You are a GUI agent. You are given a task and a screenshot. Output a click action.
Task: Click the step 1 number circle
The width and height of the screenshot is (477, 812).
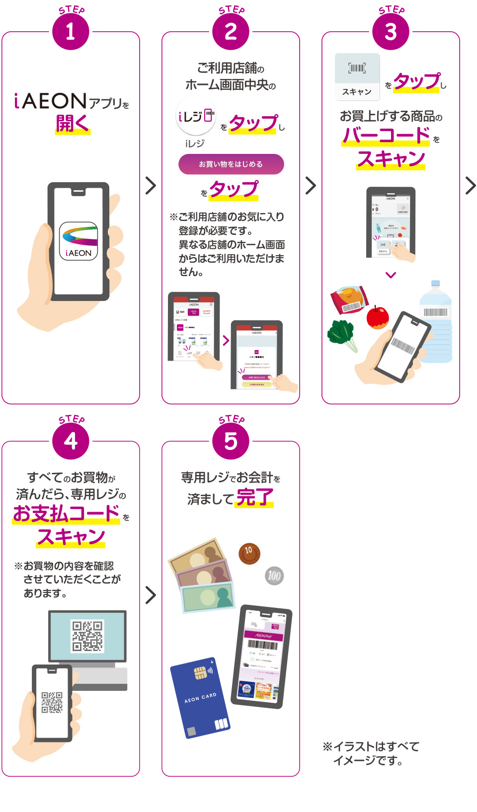click(71, 32)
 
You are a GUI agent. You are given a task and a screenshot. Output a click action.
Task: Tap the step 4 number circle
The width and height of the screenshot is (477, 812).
click(71, 441)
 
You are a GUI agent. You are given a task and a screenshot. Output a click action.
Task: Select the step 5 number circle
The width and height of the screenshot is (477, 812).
click(231, 441)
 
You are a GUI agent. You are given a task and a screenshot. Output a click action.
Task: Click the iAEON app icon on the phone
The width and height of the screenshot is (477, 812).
click(79, 241)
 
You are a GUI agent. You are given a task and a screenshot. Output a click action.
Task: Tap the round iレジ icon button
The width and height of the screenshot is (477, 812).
click(195, 117)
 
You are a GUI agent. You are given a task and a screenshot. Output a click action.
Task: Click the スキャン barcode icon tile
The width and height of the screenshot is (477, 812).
click(357, 75)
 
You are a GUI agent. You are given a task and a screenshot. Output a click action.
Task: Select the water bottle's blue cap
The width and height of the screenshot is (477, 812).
click(435, 284)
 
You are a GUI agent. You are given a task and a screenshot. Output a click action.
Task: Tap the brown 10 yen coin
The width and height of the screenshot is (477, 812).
click(249, 553)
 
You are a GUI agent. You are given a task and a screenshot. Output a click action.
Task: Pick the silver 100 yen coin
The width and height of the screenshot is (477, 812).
click(274, 576)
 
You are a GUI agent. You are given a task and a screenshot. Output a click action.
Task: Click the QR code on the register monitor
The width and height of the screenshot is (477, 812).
click(87, 636)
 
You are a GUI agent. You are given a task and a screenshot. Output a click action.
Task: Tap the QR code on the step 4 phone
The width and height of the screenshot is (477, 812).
click(52, 702)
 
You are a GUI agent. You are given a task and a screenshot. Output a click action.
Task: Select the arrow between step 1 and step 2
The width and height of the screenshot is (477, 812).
click(151, 185)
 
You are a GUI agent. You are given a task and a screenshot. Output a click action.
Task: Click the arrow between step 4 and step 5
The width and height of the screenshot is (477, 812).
click(151, 594)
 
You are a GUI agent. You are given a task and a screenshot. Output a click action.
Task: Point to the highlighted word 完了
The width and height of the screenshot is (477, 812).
click(254, 497)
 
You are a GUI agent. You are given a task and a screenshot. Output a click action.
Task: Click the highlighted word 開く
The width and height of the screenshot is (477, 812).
click(73, 123)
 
